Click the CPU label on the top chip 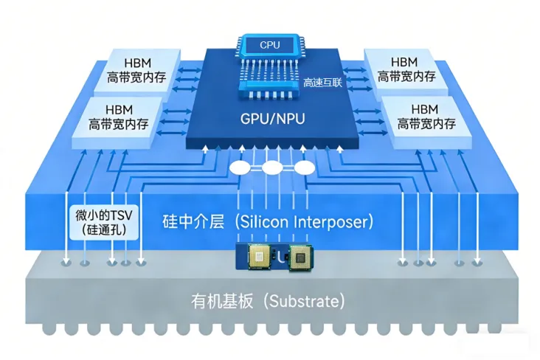(x=269, y=45)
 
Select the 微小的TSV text (x=103, y=215)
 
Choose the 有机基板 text (x=220, y=302)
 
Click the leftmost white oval (x=240, y=168)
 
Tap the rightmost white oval (x=304, y=168)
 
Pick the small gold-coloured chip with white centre (x=259, y=256)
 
